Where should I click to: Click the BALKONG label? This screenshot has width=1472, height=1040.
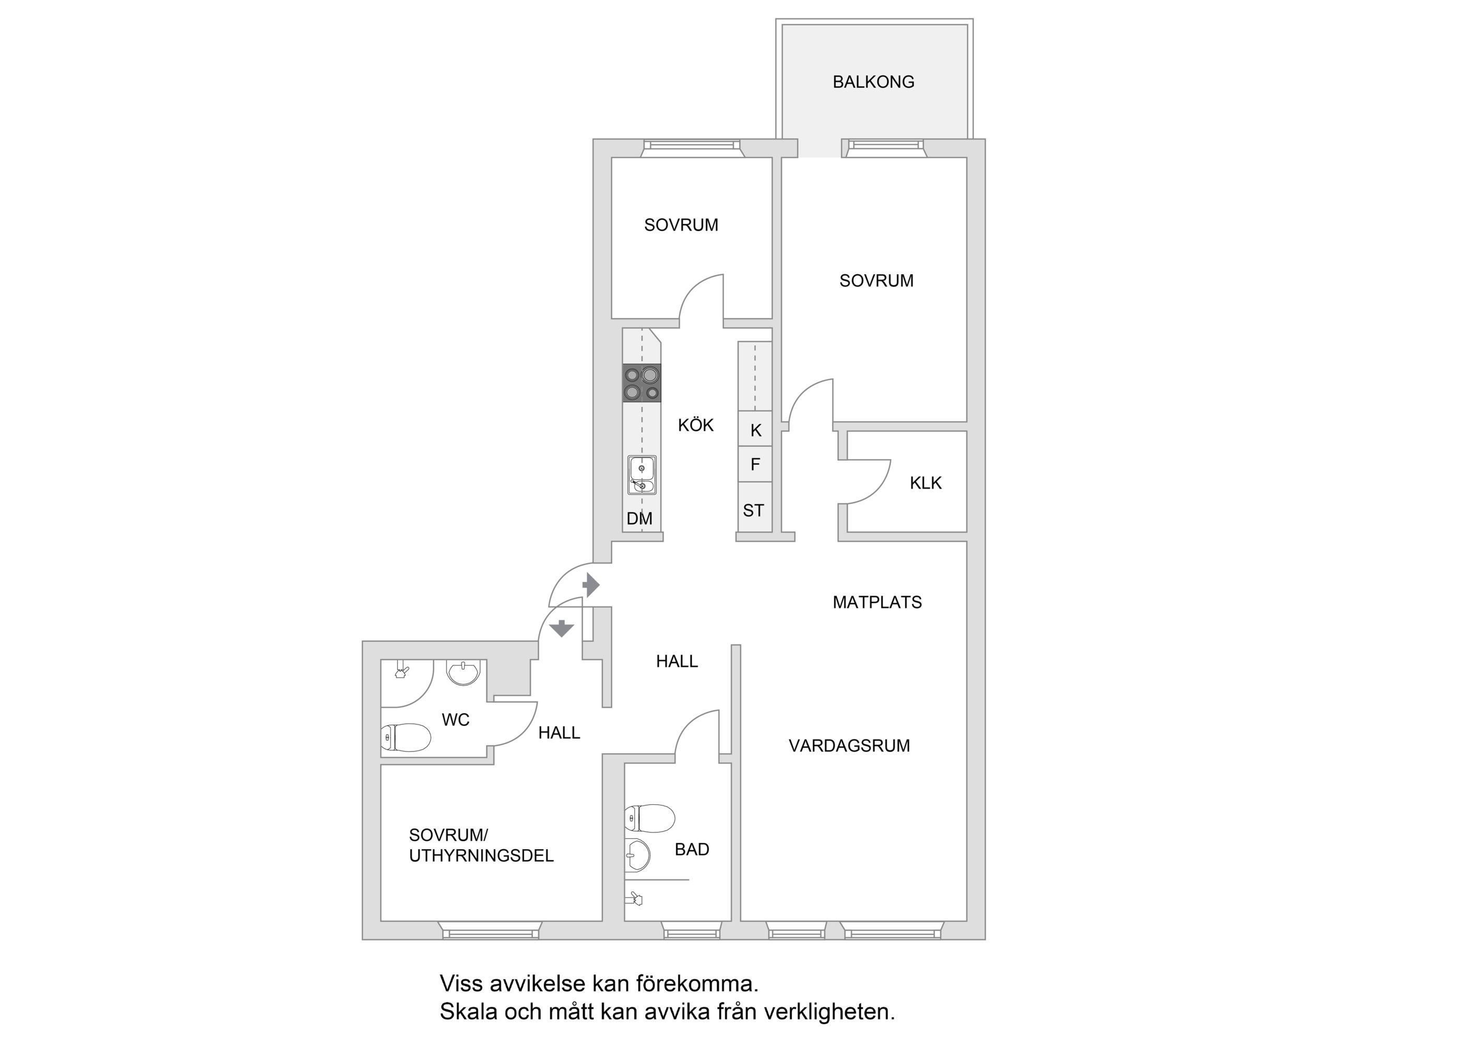(873, 82)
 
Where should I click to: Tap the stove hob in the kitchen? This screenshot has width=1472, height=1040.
(642, 383)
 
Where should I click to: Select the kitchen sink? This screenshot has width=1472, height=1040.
(642, 475)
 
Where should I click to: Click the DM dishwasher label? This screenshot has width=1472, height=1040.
(639, 518)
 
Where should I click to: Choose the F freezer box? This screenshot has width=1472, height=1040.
(755, 464)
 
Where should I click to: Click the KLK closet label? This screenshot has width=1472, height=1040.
(926, 483)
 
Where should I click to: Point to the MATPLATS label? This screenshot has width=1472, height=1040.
(877, 602)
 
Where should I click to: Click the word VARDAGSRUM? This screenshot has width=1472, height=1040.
(849, 746)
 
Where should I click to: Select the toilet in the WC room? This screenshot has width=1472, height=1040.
(406, 737)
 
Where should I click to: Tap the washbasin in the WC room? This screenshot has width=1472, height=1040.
(463, 673)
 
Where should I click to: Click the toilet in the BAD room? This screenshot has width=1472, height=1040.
(649, 818)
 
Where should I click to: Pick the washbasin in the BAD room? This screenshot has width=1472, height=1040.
(637, 855)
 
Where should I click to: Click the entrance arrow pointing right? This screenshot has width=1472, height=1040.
(591, 585)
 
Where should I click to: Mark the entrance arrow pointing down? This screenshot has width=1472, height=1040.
(562, 628)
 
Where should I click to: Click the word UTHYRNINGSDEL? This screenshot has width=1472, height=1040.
(481, 856)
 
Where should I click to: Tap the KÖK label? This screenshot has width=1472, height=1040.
(696, 425)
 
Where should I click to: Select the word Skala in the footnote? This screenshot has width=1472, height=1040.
(469, 1012)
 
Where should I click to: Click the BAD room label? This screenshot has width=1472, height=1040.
(692, 850)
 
